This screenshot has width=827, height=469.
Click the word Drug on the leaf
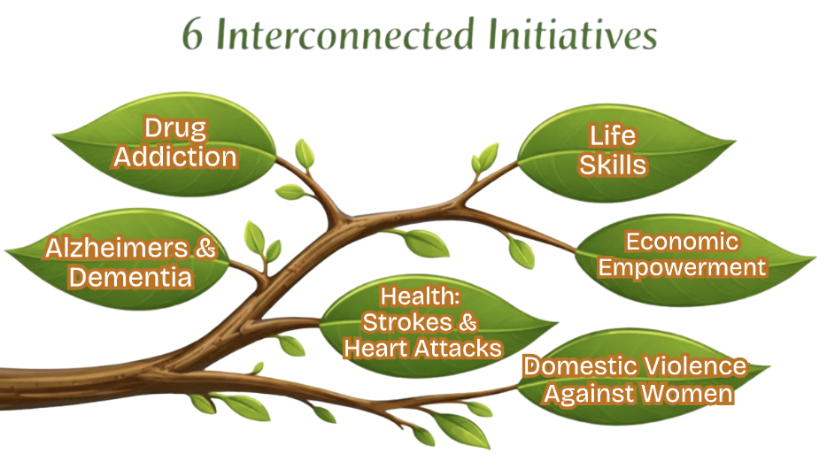point(175,129)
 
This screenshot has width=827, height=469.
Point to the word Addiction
point(175,157)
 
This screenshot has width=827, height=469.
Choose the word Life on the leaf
point(613,135)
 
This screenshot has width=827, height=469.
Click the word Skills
point(613,164)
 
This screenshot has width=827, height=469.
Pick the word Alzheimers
point(116,249)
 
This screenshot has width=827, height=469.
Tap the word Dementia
point(130,277)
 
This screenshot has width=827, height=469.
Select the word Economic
point(682,241)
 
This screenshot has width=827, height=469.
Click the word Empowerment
point(682,266)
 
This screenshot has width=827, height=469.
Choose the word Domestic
point(579,365)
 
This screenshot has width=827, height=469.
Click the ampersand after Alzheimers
point(205,249)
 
